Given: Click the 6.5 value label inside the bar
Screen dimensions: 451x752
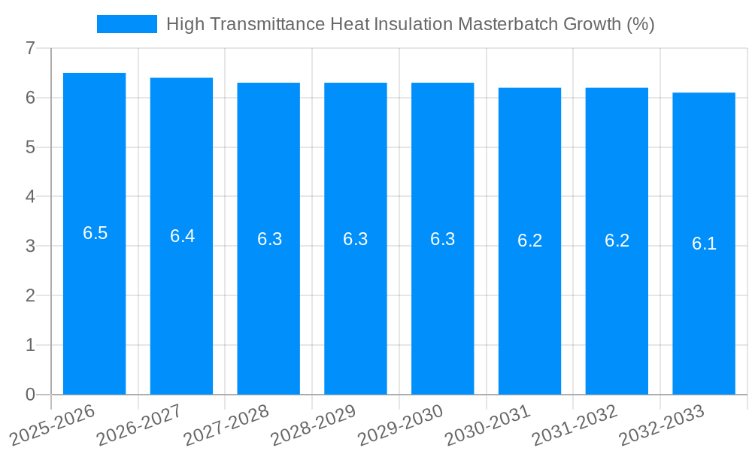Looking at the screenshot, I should tap(96, 233).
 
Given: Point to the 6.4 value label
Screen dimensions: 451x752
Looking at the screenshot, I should tap(182, 236).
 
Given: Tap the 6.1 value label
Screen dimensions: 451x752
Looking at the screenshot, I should tap(705, 244).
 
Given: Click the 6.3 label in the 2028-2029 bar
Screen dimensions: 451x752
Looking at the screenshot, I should tap(356, 239).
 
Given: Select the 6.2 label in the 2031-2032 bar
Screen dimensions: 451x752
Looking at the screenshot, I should tap(617, 241).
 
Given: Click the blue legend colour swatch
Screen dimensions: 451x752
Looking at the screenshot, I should tap(127, 24).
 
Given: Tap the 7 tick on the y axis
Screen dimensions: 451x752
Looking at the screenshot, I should tap(30, 48).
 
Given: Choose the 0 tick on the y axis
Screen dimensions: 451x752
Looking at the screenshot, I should tap(30, 395).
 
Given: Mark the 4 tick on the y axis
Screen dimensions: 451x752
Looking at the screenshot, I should tap(30, 197).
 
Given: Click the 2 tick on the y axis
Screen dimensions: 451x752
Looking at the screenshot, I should tap(30, 295).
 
